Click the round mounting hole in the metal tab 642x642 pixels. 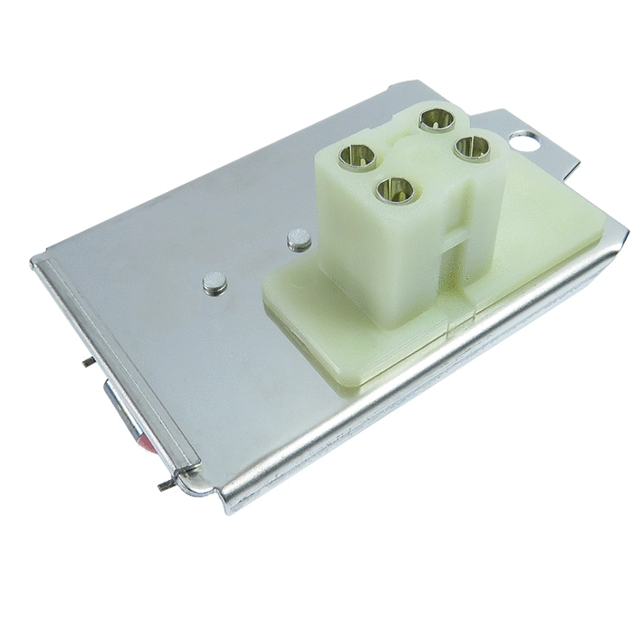pyautogui.click(x=523, y=139)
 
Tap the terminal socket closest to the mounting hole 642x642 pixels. pyautogui.click(x=472, y=147)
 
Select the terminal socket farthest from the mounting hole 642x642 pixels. pyautogui.click(x=356, y=158)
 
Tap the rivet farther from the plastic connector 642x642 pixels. pyautogui.click(x=214, y=284)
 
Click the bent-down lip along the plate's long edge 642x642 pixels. pyautogui.click(x=407, y=398)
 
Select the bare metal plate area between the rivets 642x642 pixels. pyautogui.click(x=254, y=263)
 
